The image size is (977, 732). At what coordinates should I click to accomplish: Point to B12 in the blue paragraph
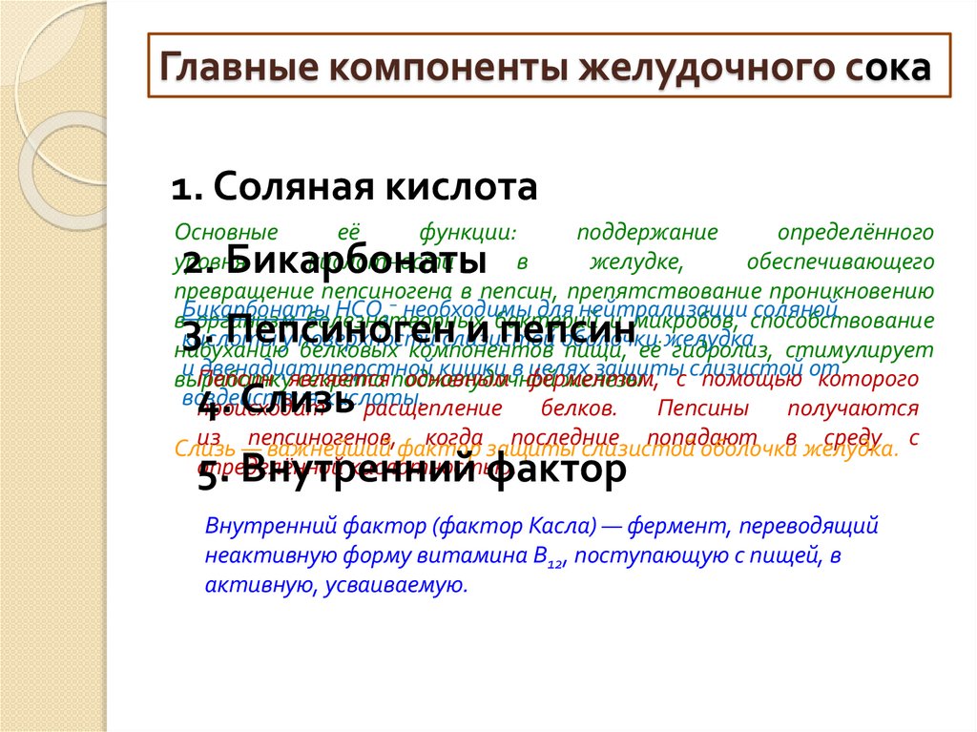point(551,558)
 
